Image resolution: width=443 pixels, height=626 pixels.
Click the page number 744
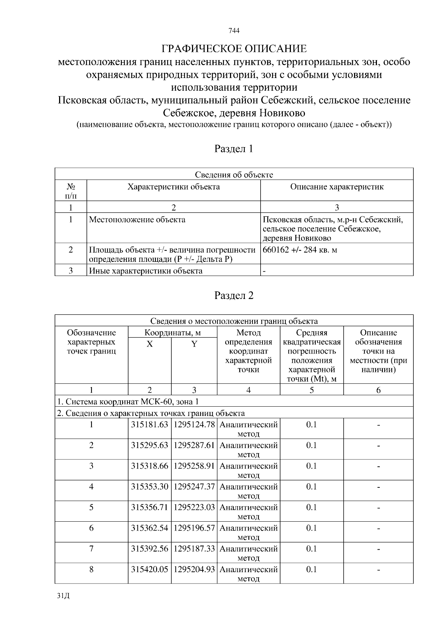(x=234, y=31)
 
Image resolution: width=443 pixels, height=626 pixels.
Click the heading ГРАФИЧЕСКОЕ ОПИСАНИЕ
(x=234, y=49)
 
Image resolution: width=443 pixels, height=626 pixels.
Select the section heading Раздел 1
(x=234, y=149)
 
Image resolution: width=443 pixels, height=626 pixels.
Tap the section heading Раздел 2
(x=234, y=296)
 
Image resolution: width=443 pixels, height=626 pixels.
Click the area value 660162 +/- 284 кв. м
(x=300, y=250)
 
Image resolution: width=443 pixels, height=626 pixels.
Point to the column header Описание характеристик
(x=337, y=187)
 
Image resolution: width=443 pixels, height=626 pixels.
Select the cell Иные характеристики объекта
(x=146, y=271)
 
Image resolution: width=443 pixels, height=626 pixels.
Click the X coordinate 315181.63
(x=150, y=425)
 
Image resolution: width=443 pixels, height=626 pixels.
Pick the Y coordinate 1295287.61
(x=194, y=445)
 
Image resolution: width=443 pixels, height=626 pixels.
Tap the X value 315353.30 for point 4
(x=150, y=487)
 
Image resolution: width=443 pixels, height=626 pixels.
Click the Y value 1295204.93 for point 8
(x=194, y=569)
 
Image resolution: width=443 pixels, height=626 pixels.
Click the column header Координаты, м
(x=172, y=333)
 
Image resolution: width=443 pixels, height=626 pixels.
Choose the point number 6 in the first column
(x=91, y=528)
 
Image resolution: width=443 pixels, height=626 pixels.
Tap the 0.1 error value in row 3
(x=312, y=466)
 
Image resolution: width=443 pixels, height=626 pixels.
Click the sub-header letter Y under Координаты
(x=194, y=344)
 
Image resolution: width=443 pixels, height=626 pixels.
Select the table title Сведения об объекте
(x=234, y=175)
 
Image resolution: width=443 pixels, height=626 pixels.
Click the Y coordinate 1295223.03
(x=194, y=507)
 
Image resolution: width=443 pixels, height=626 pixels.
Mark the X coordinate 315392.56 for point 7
(x=150, y=549)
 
